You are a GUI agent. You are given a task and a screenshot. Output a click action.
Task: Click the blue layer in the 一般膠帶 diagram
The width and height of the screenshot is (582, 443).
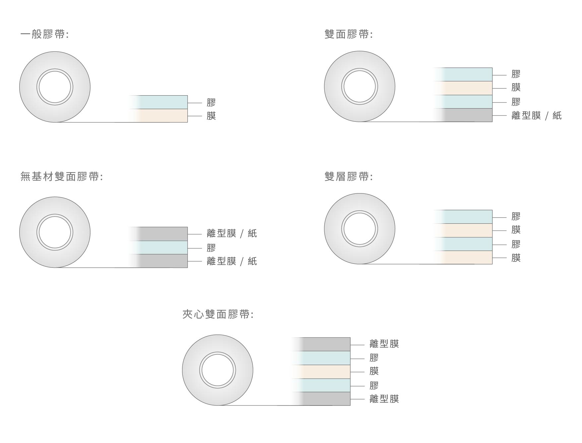159,102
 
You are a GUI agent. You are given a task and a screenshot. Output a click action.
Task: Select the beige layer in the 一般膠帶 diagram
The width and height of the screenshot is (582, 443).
159,115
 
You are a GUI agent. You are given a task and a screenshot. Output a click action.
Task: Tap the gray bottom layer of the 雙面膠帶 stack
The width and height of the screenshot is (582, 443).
463,115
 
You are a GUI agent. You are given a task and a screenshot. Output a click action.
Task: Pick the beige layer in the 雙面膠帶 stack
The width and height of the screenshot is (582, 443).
463,88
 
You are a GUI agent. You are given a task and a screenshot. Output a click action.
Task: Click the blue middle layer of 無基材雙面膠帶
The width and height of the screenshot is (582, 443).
159,247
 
